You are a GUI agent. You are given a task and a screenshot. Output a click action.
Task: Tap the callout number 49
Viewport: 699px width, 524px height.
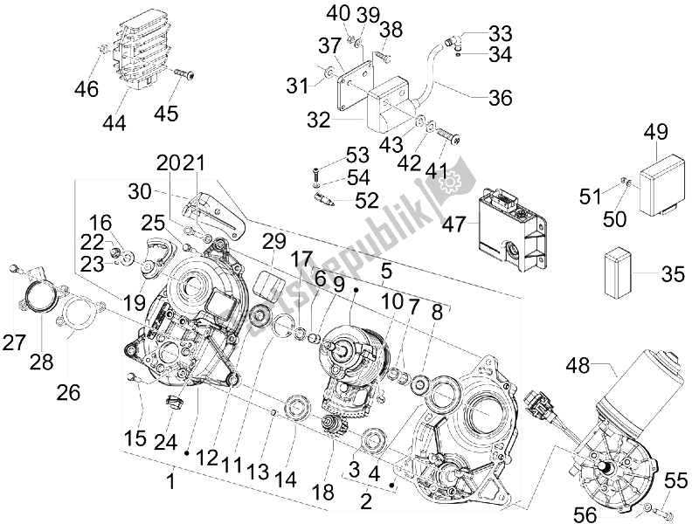pyautogui.click(x=655, y=132)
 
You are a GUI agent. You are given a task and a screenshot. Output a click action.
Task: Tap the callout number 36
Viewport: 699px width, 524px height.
pyautogui.click(x=500, y=99)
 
